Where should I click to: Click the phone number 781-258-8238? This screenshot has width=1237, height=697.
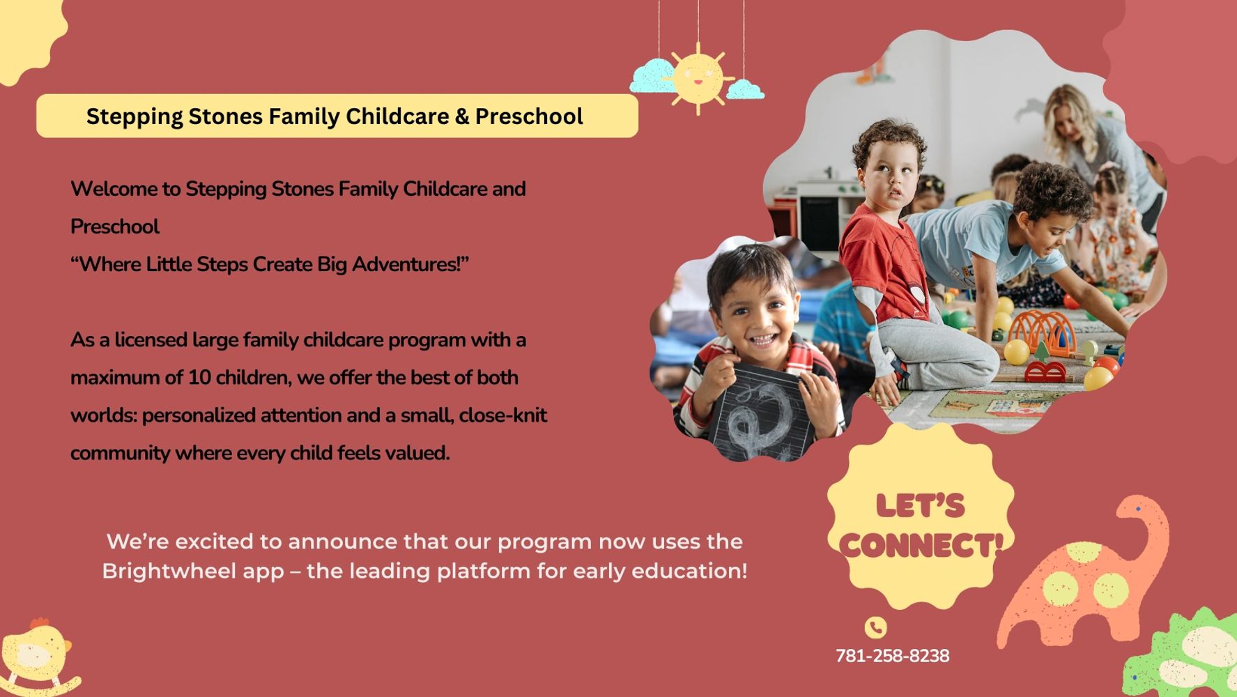point(892,656)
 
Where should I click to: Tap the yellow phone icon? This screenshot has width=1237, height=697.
point(876,627)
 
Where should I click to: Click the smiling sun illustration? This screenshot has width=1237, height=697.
point(698,77)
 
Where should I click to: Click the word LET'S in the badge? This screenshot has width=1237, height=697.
point(921,505)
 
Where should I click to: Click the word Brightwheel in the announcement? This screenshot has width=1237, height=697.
point(193,572)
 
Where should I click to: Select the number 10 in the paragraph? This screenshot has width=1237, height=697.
point(199,378)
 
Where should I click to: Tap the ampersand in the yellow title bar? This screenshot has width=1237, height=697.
point(462,116)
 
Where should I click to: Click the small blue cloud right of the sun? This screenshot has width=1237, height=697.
point(746,89)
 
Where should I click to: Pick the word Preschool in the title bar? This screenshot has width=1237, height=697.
point(529,116)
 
